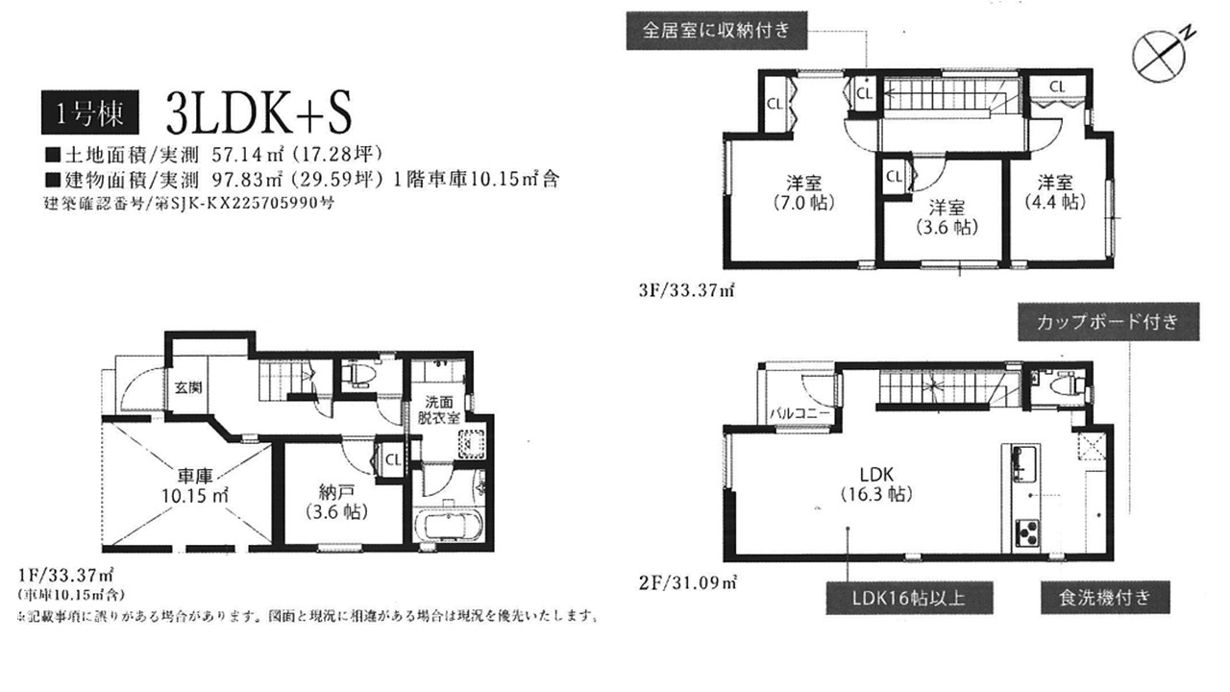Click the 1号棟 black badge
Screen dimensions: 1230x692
[90, 112]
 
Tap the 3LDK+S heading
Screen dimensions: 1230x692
[258, 113]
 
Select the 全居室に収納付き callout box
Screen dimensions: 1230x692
[717, 30]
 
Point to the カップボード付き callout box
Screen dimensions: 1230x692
[1108, 322]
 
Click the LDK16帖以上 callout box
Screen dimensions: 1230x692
[909, 598]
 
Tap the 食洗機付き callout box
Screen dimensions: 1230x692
[1105, 598]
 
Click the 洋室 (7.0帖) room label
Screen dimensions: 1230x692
[804, 193]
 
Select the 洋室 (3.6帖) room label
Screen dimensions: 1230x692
[947, 217]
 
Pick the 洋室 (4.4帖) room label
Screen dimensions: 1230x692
[1055, 191]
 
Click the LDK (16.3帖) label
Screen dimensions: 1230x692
[877, 483]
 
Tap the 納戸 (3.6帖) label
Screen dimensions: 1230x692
[336, 502]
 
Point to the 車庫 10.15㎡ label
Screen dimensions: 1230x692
[195, 485]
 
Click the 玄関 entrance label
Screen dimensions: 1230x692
[188, 387]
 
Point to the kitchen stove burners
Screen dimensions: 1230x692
[1027, 532]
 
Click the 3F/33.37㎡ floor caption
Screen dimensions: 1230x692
[686, 290]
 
